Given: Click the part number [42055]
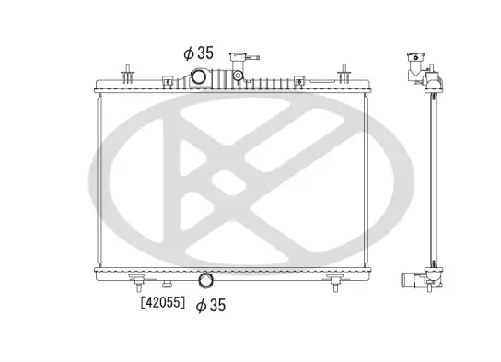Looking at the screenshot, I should [161, 301].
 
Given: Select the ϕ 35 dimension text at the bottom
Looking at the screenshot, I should [211, 304].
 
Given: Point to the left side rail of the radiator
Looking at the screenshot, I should [99, 179].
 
